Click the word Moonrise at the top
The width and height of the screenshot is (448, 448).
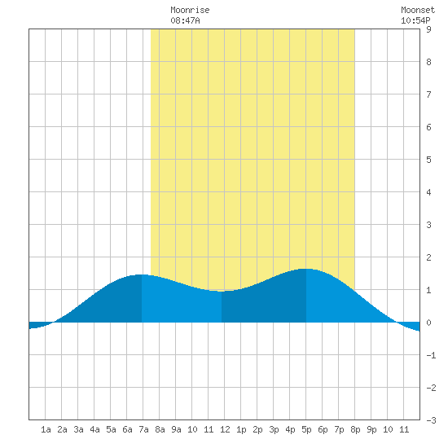(190, 10)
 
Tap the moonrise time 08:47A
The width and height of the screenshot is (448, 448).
(185, 20)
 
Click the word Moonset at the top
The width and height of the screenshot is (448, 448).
(418, 10)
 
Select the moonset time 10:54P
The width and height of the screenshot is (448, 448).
(415, 20)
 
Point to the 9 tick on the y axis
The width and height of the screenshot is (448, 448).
(428, 29)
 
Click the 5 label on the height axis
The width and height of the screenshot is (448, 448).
(428, 160)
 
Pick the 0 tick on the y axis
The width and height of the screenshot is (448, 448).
(428, 323)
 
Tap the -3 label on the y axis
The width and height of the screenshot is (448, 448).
(431, 420)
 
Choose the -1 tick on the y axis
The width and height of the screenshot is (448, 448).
(431, 355)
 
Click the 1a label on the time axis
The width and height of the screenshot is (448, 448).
(46, 429)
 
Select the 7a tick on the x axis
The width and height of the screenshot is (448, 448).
(143, 429)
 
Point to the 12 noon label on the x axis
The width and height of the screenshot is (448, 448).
(225, 429)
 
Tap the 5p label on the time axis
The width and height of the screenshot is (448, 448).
(306, 429)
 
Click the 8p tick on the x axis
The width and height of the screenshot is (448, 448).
(355, 429)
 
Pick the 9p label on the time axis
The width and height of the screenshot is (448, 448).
(371, 429)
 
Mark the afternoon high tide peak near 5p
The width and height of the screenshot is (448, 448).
(306, 269)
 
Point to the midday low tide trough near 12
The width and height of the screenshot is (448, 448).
(222, 291)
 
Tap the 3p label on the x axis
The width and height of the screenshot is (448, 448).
(274, 429)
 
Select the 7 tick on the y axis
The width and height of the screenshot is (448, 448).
(428, 94)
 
